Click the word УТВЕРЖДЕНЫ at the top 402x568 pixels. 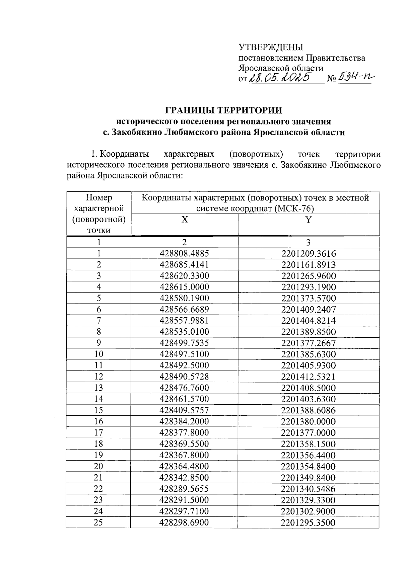(270, 47)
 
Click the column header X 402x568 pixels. (185, 220)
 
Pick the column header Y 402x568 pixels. (309, 220)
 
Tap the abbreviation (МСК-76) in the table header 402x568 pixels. (293, 209)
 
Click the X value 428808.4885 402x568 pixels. (184, 253)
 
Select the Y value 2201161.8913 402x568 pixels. (309, 265)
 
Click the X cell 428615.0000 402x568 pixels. (184, 287)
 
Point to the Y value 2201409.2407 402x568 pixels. (309, 309)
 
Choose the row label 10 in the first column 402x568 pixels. (98, 354)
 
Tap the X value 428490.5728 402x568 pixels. (184, 377)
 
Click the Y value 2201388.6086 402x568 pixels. (309, 410)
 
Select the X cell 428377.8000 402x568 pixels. (184, 432)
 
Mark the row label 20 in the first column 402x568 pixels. (98, 466)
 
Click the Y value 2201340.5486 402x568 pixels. (309, 489)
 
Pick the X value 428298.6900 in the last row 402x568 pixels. (184, 522)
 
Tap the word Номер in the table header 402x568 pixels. (99, 197)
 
